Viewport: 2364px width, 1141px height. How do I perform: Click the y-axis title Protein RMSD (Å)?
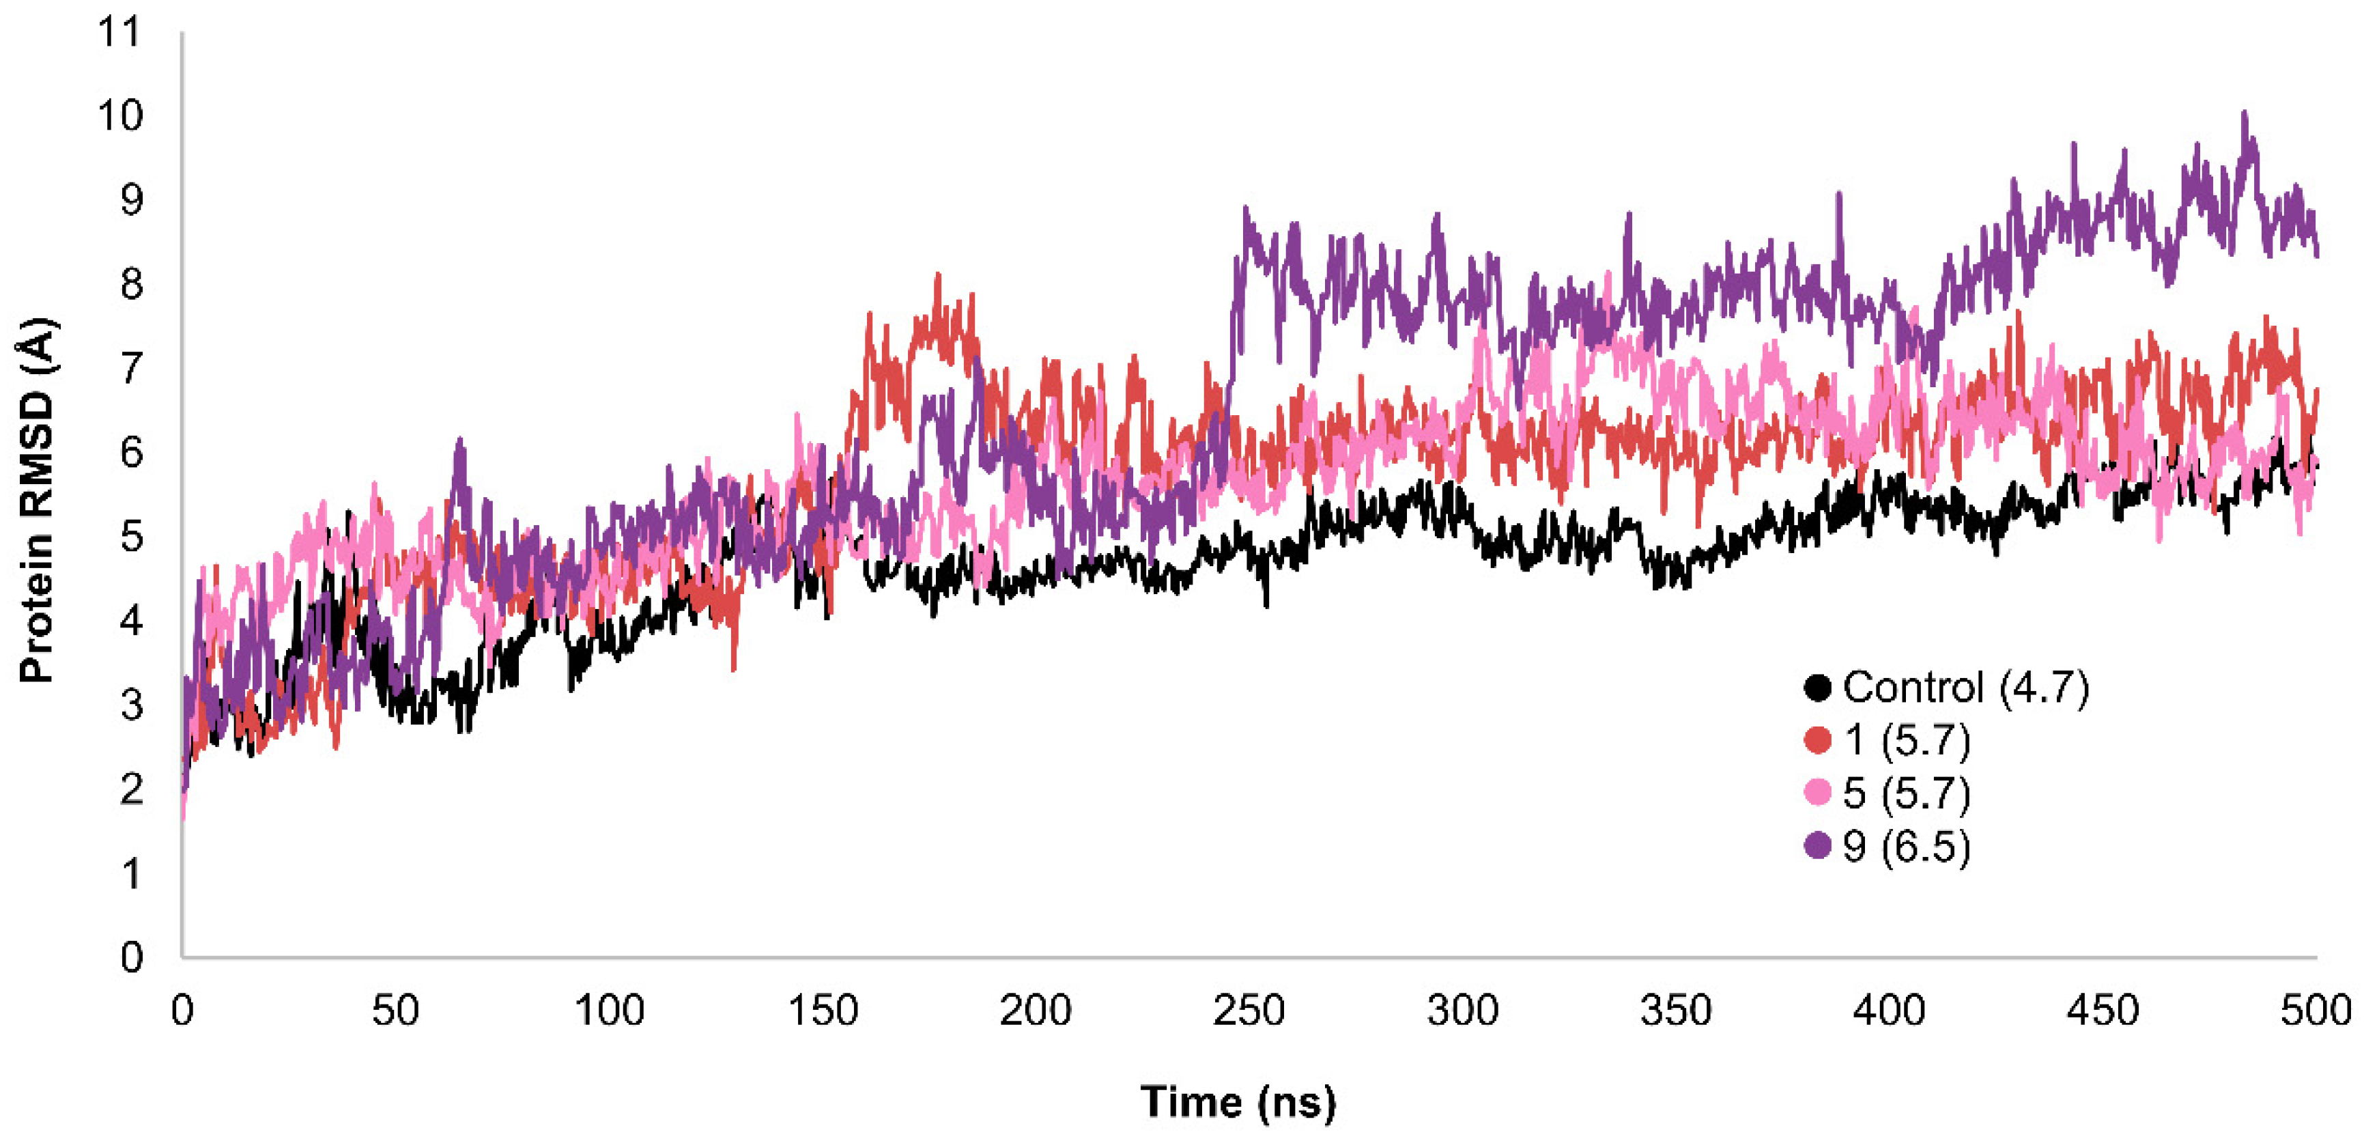pyautogui.click(x=37, y=501)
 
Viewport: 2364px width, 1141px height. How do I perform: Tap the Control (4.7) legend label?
pyautogui.click(x=1966, y=687)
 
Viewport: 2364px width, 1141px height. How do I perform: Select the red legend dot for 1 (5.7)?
pyautogui.click(x=1817, y=740)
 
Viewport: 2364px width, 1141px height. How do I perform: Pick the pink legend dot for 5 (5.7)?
pyautogui.click(x=1817, y=792)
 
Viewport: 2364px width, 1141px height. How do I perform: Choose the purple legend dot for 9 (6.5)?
pyautogui.click(x=1817, y=845)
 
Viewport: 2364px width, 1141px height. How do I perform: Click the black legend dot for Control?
pyautogui.click(x=1817, y=687)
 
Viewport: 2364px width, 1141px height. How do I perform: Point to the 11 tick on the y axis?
pyautogui.click(x=120, y=32)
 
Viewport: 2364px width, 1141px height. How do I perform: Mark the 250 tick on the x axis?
pyautogui.click(x=1249, y=1011)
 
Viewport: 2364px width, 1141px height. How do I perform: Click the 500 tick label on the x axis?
pyautogui.click(x=2316, y=1011)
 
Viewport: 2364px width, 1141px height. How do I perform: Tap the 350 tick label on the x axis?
pyautogui.click(x=1676, y=1011)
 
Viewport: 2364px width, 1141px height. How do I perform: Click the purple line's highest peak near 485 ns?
pyautogui.click(x=2245, y=114)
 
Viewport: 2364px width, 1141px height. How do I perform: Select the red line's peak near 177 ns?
pyautogui.click(x=937, y=275)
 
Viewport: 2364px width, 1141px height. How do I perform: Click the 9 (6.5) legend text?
pyautogui.click(x=1906, y=845)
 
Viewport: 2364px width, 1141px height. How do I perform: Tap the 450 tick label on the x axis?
pyautogui.click(x=2103, y=1011)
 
